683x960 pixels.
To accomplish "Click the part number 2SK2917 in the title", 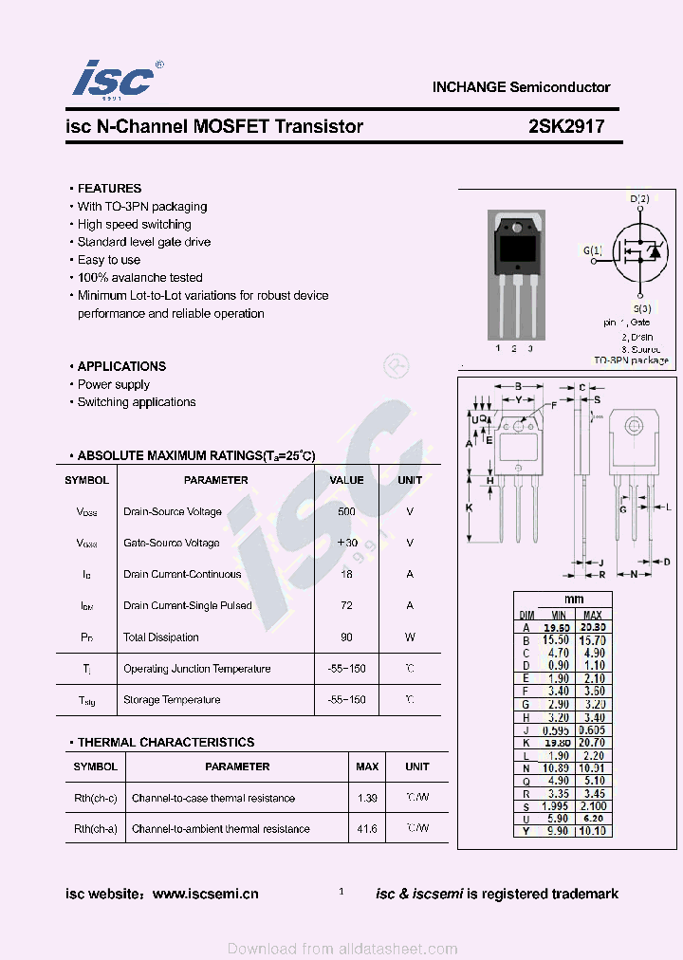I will tap(566, 126).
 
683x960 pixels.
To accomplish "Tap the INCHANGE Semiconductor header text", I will tap(521, 87).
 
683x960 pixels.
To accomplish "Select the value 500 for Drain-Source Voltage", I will tap(346, 512).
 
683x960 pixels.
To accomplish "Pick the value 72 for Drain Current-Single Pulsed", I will tap(346, 605).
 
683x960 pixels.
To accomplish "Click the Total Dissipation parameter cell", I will tap(160, 637).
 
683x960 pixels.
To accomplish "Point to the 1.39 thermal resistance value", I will tap(367, 799).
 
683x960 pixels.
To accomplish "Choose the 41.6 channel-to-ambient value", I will tap(367, 829).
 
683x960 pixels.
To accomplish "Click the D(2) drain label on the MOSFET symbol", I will tap(640, 198).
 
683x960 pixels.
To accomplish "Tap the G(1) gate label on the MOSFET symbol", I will tap(592, 250).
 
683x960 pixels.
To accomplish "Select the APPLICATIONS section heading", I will tap(121, 366).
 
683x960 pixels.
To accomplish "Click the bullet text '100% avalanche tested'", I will tap(140, 278).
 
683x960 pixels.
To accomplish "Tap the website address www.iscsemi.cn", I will tap(205, 894).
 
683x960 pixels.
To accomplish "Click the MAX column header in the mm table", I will tap(593, 616).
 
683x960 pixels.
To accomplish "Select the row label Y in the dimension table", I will tap(526, 831).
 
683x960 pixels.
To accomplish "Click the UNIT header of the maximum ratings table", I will tap(410, 480).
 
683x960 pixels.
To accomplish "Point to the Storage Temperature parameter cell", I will tap(172, 700).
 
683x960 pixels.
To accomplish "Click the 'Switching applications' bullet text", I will tap(137, 402).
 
